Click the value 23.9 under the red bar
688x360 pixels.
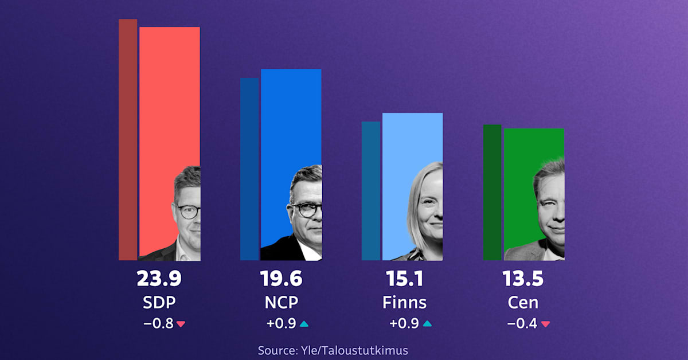(x=159, y=279)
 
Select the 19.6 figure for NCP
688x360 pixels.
(x=281, y=279)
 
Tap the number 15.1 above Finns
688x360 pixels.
(x=404, y=279)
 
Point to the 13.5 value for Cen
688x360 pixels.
(x=523, y=279)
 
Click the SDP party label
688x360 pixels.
(x=159, y=302)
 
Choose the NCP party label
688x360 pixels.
(x=281, y=302)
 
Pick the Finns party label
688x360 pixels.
(x=404, y=302)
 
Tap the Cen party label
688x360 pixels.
(x=523, y=302)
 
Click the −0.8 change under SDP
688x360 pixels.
(x=158, y=324)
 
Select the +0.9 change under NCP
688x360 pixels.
(x=281, y=324)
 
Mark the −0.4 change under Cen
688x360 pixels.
(x=522, y=324)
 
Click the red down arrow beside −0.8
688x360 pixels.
(x=181, y=324)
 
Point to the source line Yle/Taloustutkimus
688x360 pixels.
(x=333, y=350)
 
